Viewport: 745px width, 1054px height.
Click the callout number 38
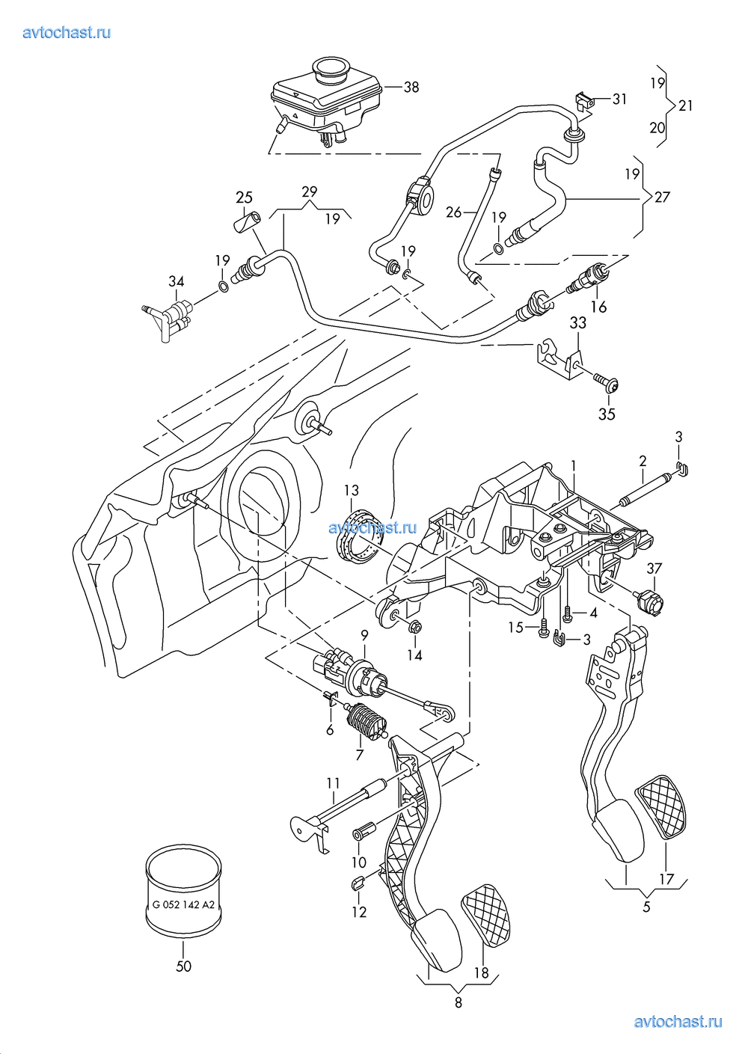click(411, 87)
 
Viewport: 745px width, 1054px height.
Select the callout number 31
click(619, 99)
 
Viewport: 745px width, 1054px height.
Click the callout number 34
click(177, 281)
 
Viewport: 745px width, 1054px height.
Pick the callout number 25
click(245, 197)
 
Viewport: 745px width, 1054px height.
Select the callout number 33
click(578, 323)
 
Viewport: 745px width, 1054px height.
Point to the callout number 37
click(654, 569)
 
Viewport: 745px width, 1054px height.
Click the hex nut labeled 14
click(416, 626)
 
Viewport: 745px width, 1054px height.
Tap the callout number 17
click(667, 878)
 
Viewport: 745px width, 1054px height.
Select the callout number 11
click(333, 783)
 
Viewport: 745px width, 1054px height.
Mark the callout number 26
click(454, 212)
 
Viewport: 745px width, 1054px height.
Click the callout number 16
click(598, 307)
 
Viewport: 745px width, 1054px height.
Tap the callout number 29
click(309, 192)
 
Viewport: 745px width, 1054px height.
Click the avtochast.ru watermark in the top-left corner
click(67, 32)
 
